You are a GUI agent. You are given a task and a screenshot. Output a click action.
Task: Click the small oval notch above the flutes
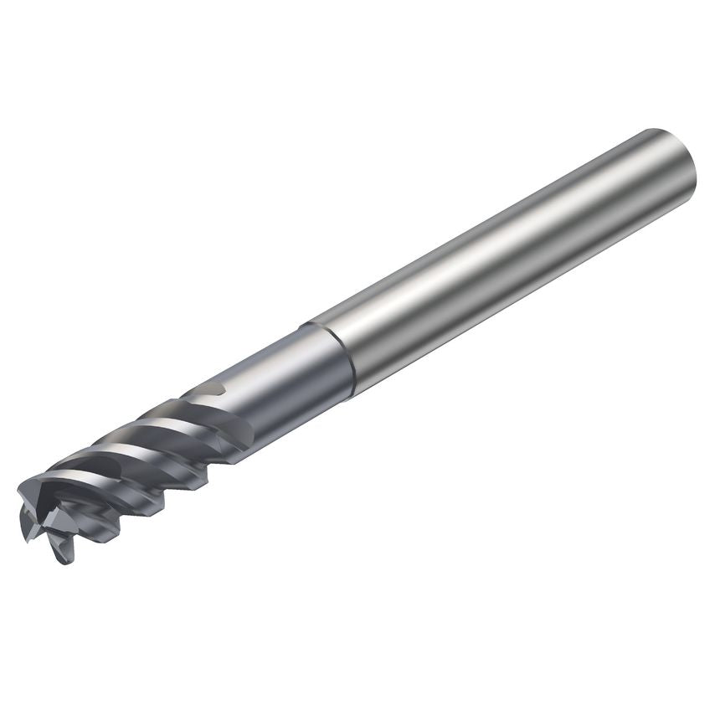coord(214,388)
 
